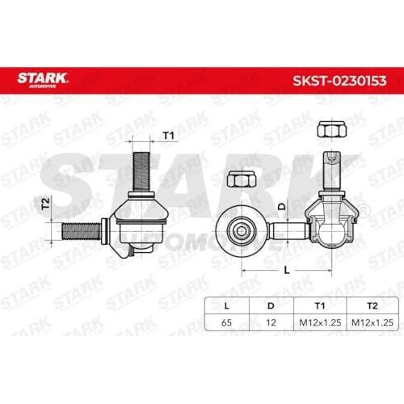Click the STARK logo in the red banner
(x=42, y=80)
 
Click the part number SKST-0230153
(x=339, y=81)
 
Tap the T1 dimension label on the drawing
(x=169, y=136)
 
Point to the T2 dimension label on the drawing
(x=46, y=204)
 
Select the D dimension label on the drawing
(x=282, y=206)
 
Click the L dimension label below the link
(x=287, y=270)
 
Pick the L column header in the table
(x=227, y=305)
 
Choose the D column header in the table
(x=271, y=305)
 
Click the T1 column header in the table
(x=320, y=305)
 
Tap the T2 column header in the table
(x=372, y=305)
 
